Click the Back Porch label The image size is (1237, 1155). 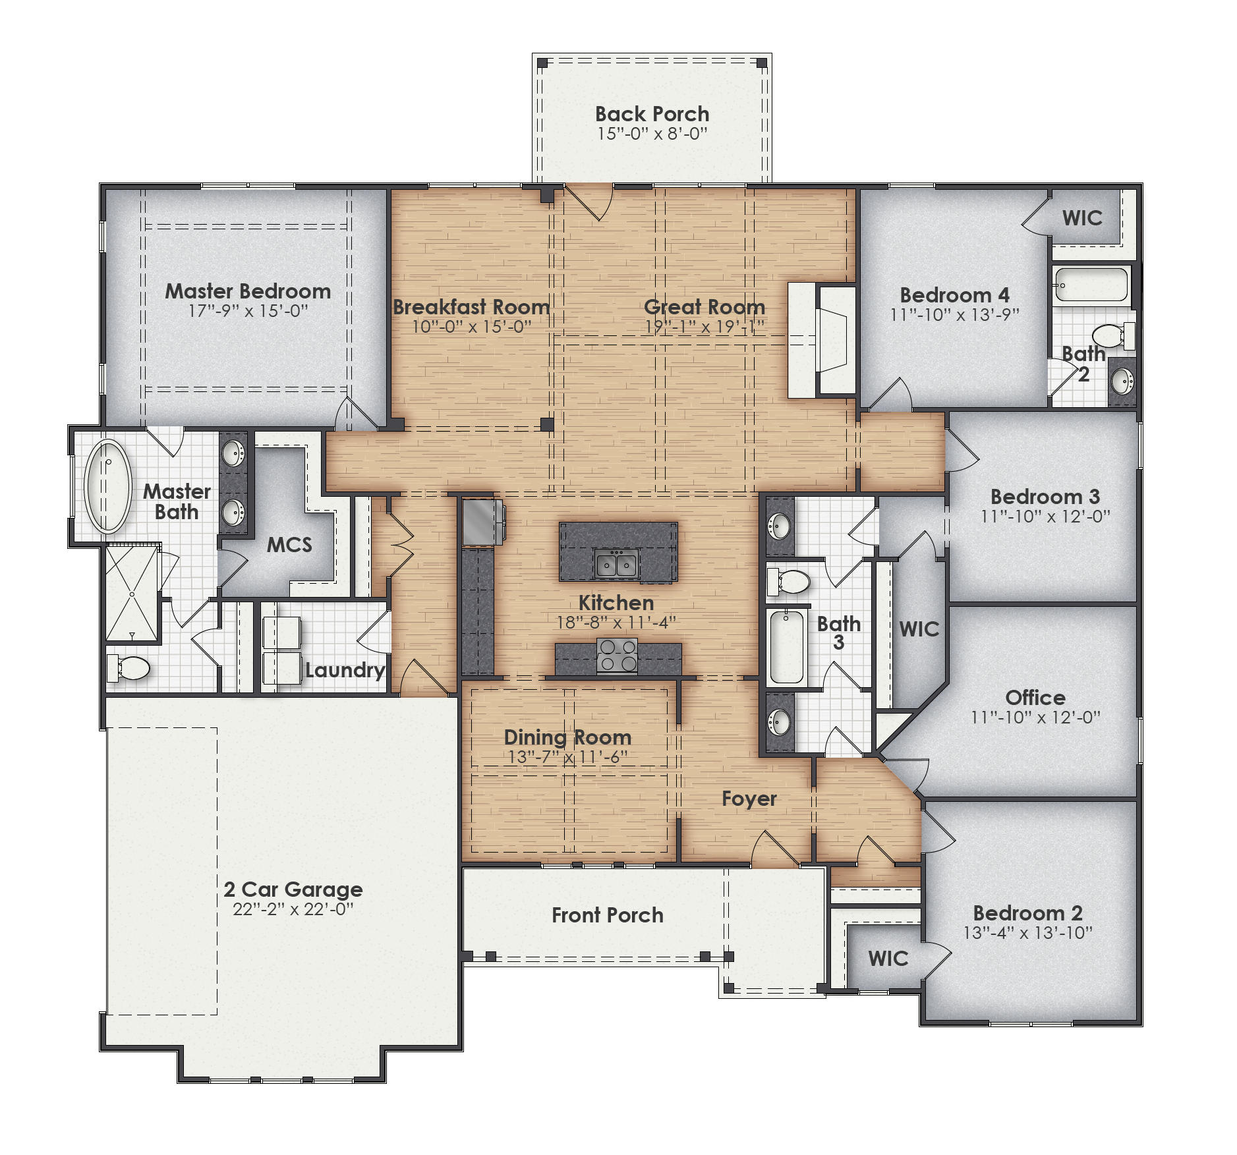tap(652, 114)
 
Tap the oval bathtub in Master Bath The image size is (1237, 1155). tap(107, 486)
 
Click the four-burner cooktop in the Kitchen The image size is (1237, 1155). tap(617, 655)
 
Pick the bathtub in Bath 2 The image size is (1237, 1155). tap(1092, 285)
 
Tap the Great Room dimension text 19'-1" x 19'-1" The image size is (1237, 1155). tap(705, 327)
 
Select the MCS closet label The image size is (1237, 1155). tap(289, 545)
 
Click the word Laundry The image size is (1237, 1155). tap(345, 670)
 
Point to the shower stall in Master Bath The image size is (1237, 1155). tap(132, 594)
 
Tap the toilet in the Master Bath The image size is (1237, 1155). tap(130, 668)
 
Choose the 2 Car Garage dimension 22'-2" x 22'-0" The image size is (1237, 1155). tap(293, 909)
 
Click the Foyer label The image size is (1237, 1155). tap(749, 799)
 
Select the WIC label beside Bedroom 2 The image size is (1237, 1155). tap(888, 958)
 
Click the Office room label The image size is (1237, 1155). tap(1035, 697)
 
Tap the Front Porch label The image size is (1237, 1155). tap(607, 915)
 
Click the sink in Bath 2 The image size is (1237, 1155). tap(1122, 380)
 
